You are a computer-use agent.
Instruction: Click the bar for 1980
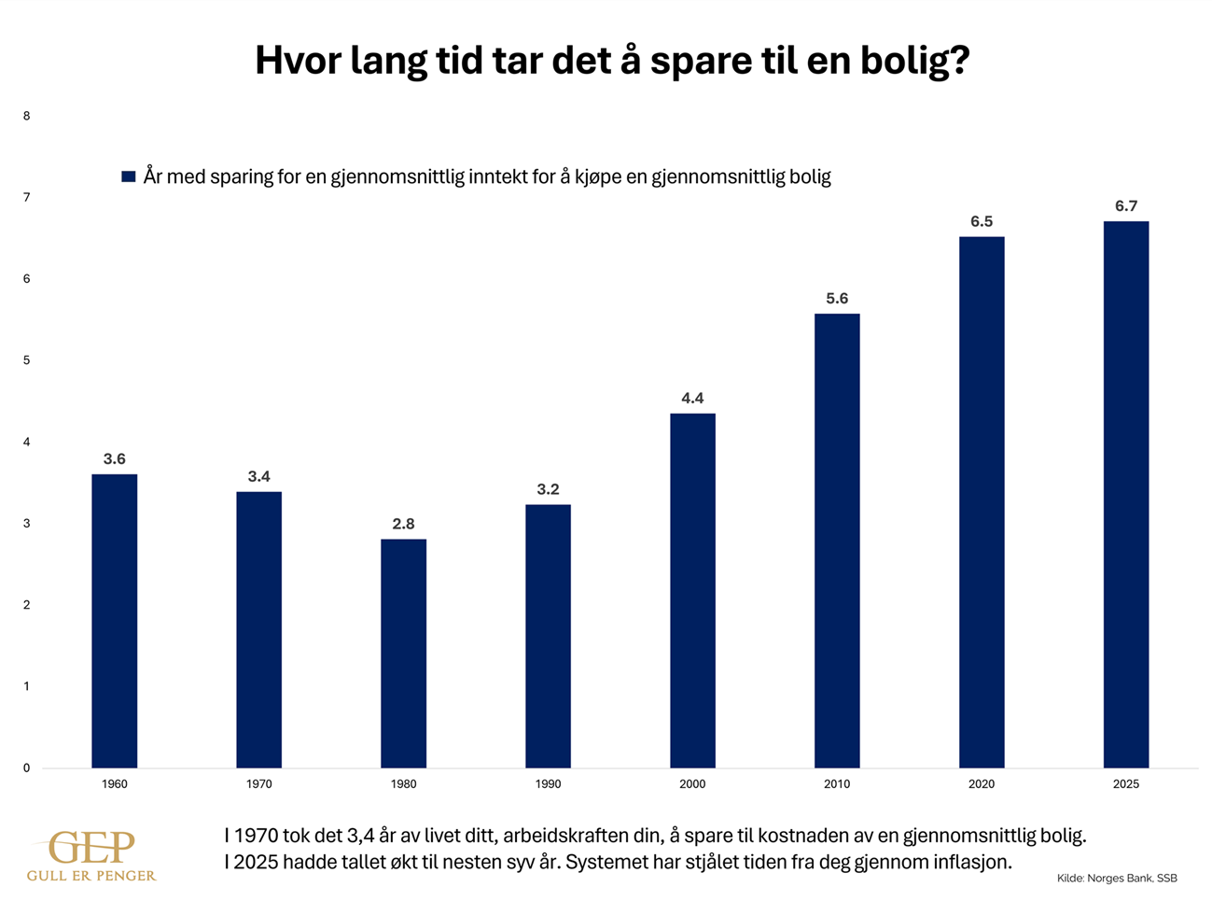[403, 654]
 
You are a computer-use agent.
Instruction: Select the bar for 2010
[837, 542]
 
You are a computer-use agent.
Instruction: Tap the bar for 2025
[1125, 495]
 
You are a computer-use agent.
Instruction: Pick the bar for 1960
[115, 621]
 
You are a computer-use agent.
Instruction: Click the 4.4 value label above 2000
[692, 399]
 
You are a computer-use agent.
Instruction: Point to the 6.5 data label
[982, 222]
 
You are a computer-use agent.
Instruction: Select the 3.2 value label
[548, 490]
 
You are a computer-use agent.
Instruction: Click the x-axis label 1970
[259, 784]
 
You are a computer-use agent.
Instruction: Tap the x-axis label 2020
[982, 784]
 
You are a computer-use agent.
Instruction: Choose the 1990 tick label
[548, 784]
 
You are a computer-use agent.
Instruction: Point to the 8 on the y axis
[27, 117]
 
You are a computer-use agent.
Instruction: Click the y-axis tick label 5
[27, 360]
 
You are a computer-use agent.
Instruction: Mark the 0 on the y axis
[27, 768]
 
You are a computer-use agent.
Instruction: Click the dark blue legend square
[129, 176]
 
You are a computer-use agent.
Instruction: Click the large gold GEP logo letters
[92, 848]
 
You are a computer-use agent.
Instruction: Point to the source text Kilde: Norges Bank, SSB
[1117, 879]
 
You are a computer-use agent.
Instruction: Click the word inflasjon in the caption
[970, 862]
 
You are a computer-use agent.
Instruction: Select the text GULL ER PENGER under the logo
[91, 876]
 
